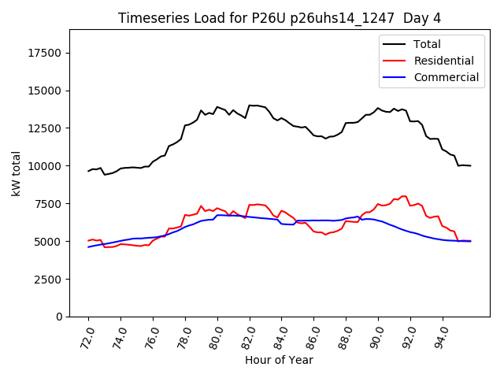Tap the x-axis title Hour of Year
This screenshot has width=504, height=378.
[279, 360]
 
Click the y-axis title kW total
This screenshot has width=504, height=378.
[16, 173]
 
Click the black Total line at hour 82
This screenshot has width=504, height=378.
[250, 106]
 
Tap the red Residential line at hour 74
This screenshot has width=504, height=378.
[121, 244]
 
